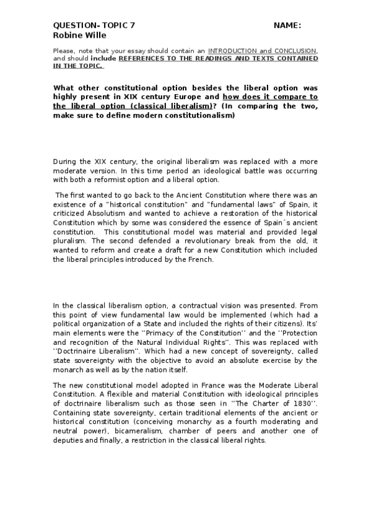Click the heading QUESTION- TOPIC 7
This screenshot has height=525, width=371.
93,25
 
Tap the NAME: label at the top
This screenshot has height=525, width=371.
287,25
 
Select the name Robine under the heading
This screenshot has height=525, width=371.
66,35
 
